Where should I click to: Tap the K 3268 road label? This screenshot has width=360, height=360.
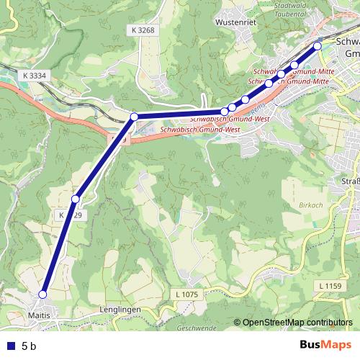click(x=144, y=30)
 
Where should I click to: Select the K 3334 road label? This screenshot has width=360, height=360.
click(x=34, y=75)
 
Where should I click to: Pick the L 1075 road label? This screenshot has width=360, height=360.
click(x=186, y=294)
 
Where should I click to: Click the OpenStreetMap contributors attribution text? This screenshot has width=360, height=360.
click(x=297, y=323)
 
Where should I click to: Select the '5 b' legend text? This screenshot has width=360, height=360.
click(x=29, y=346)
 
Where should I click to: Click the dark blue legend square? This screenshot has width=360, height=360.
click(x=9, y=346)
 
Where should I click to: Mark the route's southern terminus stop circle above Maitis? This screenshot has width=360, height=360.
click(x=42, y=294)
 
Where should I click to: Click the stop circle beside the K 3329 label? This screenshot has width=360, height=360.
click(x=75, y=199)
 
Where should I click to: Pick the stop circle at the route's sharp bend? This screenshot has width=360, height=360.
click(x=134, y=116)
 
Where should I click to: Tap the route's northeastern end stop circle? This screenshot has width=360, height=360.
click(x=318, y=46)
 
